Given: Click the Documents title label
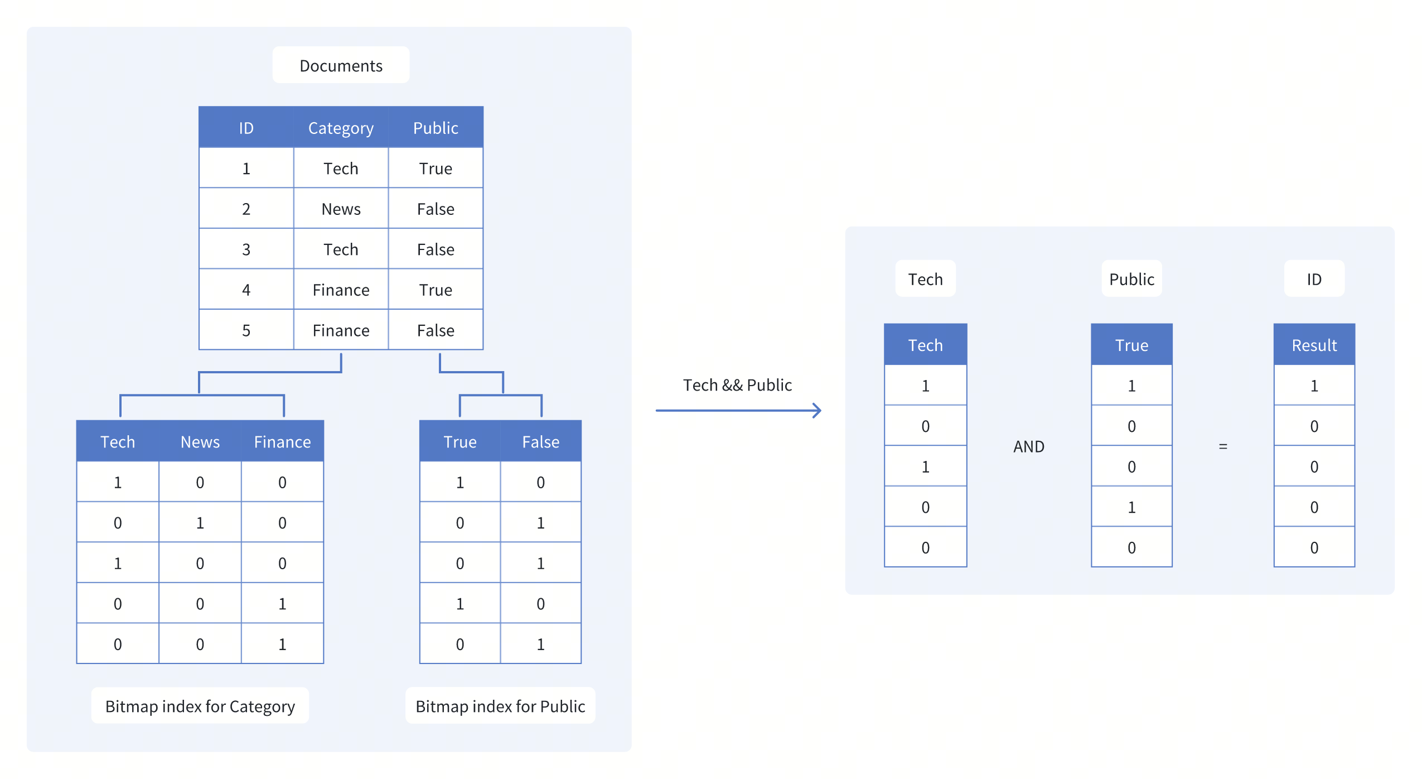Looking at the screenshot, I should tap(341, 65).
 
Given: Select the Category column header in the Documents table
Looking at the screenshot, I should tap(341, 128).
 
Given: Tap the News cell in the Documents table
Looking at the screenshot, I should tap(341, 209).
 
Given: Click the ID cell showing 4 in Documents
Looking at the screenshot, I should tap(246, 290).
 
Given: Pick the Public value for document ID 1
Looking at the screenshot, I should tap(436, 168).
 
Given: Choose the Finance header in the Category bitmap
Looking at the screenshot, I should tap(282, 441).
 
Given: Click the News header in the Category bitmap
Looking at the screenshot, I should tap(200, 441).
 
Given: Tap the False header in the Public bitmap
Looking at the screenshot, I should tap(540, 441).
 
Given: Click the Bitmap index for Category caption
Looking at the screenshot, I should tap(200, 706).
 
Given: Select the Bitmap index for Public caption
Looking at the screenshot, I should tap(500, 706).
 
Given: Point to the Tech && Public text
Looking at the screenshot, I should tap(737, 384).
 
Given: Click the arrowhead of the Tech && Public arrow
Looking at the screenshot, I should tap(818, 410).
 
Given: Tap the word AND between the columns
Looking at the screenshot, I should tap(1028, 446).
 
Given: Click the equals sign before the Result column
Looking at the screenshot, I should tap(1222, 446).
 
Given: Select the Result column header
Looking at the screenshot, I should tap(1314, 345).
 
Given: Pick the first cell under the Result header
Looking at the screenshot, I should tap(1314, 385).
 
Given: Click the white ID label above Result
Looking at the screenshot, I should tap(1314, 278).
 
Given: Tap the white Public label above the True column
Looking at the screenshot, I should tap(1131, 278).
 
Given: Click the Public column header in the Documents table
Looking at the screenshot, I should tap(436, 128).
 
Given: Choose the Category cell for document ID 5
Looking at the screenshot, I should tap(341, 330).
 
